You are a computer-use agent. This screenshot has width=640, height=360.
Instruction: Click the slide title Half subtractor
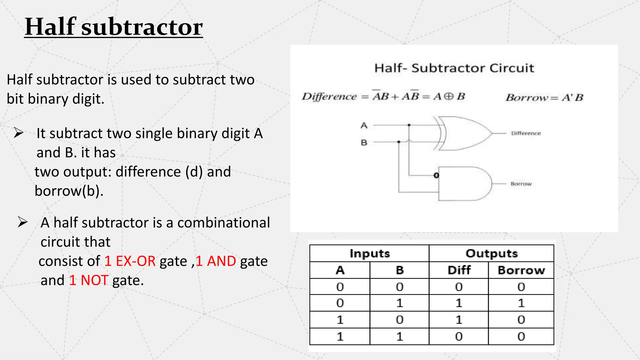113,27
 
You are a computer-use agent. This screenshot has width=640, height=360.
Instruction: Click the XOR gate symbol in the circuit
462,133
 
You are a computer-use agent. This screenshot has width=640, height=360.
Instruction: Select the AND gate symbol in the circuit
462,184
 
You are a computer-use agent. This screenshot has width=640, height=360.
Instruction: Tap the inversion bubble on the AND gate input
436,176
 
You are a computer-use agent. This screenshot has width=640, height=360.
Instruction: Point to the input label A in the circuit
364,126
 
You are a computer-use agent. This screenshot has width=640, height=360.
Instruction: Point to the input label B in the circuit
364,143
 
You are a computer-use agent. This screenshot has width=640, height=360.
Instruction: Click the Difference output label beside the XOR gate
526,133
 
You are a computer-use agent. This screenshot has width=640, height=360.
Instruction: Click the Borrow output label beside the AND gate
521,184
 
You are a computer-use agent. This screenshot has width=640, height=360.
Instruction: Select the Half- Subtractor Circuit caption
454,68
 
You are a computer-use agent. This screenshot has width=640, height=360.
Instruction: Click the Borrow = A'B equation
544,97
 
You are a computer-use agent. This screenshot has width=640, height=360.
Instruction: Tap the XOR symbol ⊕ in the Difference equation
448,96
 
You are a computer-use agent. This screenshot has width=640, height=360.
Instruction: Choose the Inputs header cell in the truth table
370,253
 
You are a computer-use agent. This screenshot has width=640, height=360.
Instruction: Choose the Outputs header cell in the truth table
492,253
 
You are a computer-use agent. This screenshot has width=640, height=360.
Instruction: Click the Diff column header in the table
459,270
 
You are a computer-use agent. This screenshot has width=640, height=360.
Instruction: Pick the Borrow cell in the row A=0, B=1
521,303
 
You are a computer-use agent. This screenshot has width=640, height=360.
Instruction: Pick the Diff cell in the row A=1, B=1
459,337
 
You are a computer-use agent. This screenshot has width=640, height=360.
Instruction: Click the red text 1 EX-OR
130,261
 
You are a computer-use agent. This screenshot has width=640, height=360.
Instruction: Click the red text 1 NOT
88,280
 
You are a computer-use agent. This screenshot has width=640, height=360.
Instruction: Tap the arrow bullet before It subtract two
18,133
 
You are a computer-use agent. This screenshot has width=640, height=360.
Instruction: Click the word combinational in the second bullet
223,223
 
